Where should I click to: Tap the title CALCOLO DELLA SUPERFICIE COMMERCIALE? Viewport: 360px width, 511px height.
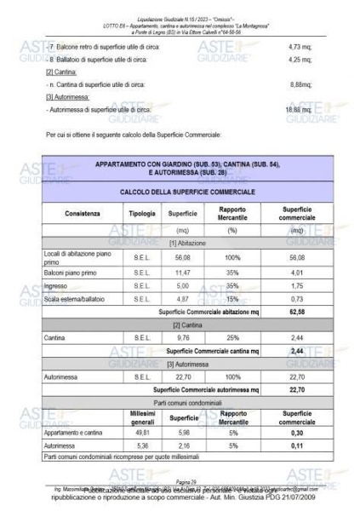pos(180,193)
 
